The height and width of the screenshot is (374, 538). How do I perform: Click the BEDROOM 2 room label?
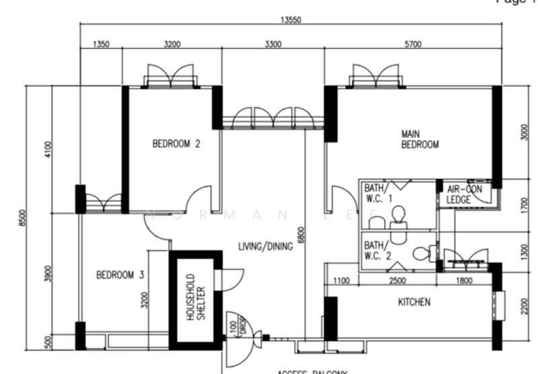(176, 143)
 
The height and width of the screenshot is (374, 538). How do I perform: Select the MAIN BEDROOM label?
(420, 139)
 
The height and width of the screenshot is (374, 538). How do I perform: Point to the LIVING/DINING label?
(266, 247)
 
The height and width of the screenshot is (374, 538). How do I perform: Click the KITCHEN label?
(414, 302)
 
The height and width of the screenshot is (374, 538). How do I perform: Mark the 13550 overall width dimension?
(291, 20)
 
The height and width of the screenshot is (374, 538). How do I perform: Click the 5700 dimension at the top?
(413, 44)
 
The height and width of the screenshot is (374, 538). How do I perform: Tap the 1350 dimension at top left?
(101, 44)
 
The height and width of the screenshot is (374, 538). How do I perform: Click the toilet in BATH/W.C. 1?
(398, 215)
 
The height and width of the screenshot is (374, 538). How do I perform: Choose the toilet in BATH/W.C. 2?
(421, 254)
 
